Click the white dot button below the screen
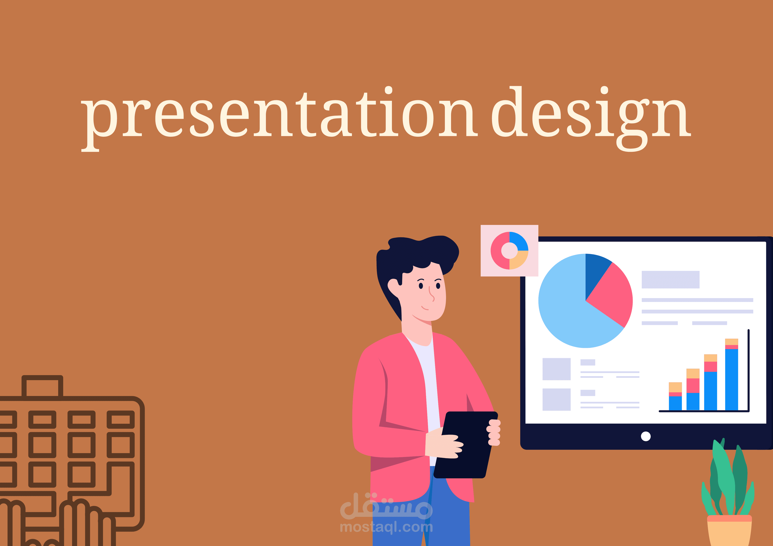646,436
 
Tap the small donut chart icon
509,251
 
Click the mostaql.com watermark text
386,527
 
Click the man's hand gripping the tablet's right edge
494,432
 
